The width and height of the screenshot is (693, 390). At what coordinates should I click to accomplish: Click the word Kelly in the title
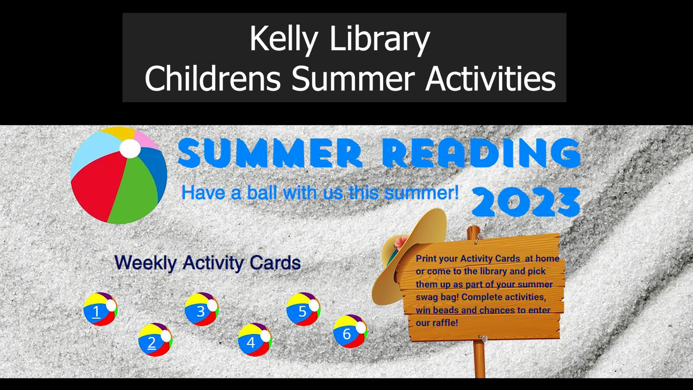tap(284, 39)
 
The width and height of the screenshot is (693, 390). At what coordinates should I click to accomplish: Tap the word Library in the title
tap(379, 39)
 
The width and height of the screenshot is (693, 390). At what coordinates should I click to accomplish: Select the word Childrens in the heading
tap(213, 79)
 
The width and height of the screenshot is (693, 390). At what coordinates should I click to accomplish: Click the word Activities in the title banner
tap(491, 79)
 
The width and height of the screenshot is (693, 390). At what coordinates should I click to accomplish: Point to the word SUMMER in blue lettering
tap(270, 153)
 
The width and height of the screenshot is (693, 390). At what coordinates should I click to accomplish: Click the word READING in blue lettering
tap(481, 153)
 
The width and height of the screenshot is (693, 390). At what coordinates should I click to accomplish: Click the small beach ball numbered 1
tap(100, 309)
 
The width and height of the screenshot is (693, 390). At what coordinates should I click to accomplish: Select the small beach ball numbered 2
tap(155, 340)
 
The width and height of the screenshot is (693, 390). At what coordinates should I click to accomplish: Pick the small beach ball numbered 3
tap(201, 309)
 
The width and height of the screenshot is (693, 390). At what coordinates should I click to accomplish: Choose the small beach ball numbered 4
tap(254, 340)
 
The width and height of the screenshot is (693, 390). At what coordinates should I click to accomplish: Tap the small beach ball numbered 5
tap(303, 309)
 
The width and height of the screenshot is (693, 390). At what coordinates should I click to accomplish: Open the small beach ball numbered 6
tap(350, 331)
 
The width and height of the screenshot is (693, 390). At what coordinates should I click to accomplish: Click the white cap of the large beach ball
tap(130, 148)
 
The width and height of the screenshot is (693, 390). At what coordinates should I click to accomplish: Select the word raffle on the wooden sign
tap(445, 323)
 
